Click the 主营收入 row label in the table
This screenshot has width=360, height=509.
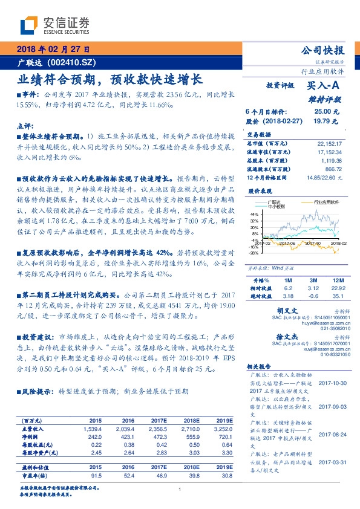(32, 428)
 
